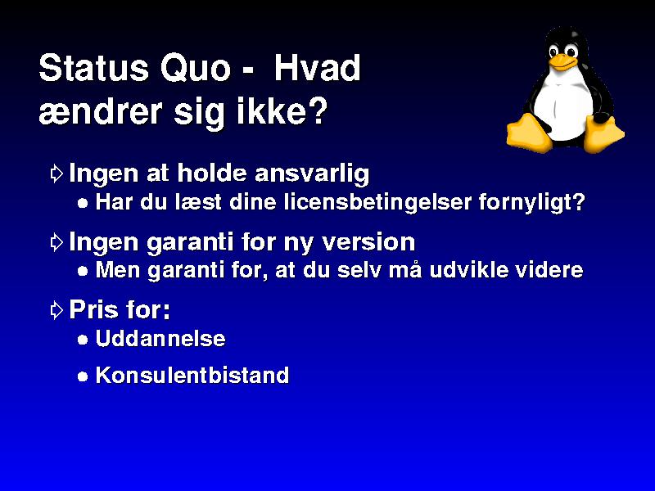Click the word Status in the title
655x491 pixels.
pyautogui.click(x=93, y=68)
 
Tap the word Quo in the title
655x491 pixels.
pyautogui.click(x=195, y=68)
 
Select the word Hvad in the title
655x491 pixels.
pyautogui.click(x=318, y=68)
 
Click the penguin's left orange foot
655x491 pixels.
pyautogui.click(x=527, y=132)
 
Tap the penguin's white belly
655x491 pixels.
pyautogui.click(x=564, y=105)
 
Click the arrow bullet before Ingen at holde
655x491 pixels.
pyautogui.click(x=56, y=173)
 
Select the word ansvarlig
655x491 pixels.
pyautogui.click(x=312, y=173)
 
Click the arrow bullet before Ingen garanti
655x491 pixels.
pyautogui.click(x=56, y=241)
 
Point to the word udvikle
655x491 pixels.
pyautogui.click(x=468, y=270)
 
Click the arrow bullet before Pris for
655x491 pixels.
pyautogui.click(x=56, y=310)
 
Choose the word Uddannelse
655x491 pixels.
pyautogui.click(x=160, y=338)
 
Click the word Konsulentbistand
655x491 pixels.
pyautogui.click(x=192, y=375)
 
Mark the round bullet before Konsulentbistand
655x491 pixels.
pyautogui.click(x=83, y=376)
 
